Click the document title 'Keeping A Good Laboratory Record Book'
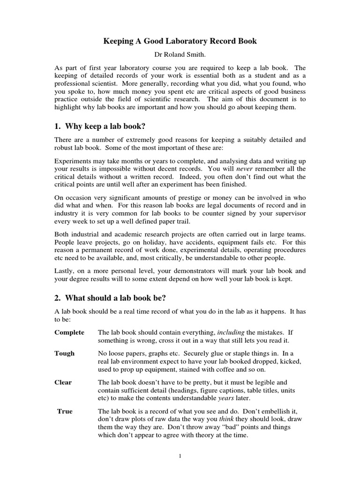tap(180, 41)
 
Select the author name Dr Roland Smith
tap(180, 54)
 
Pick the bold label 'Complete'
tap(69, 332)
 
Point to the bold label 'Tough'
tap(64, 353)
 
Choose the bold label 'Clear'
tap(63, 382)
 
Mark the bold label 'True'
tap(65, 411)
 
